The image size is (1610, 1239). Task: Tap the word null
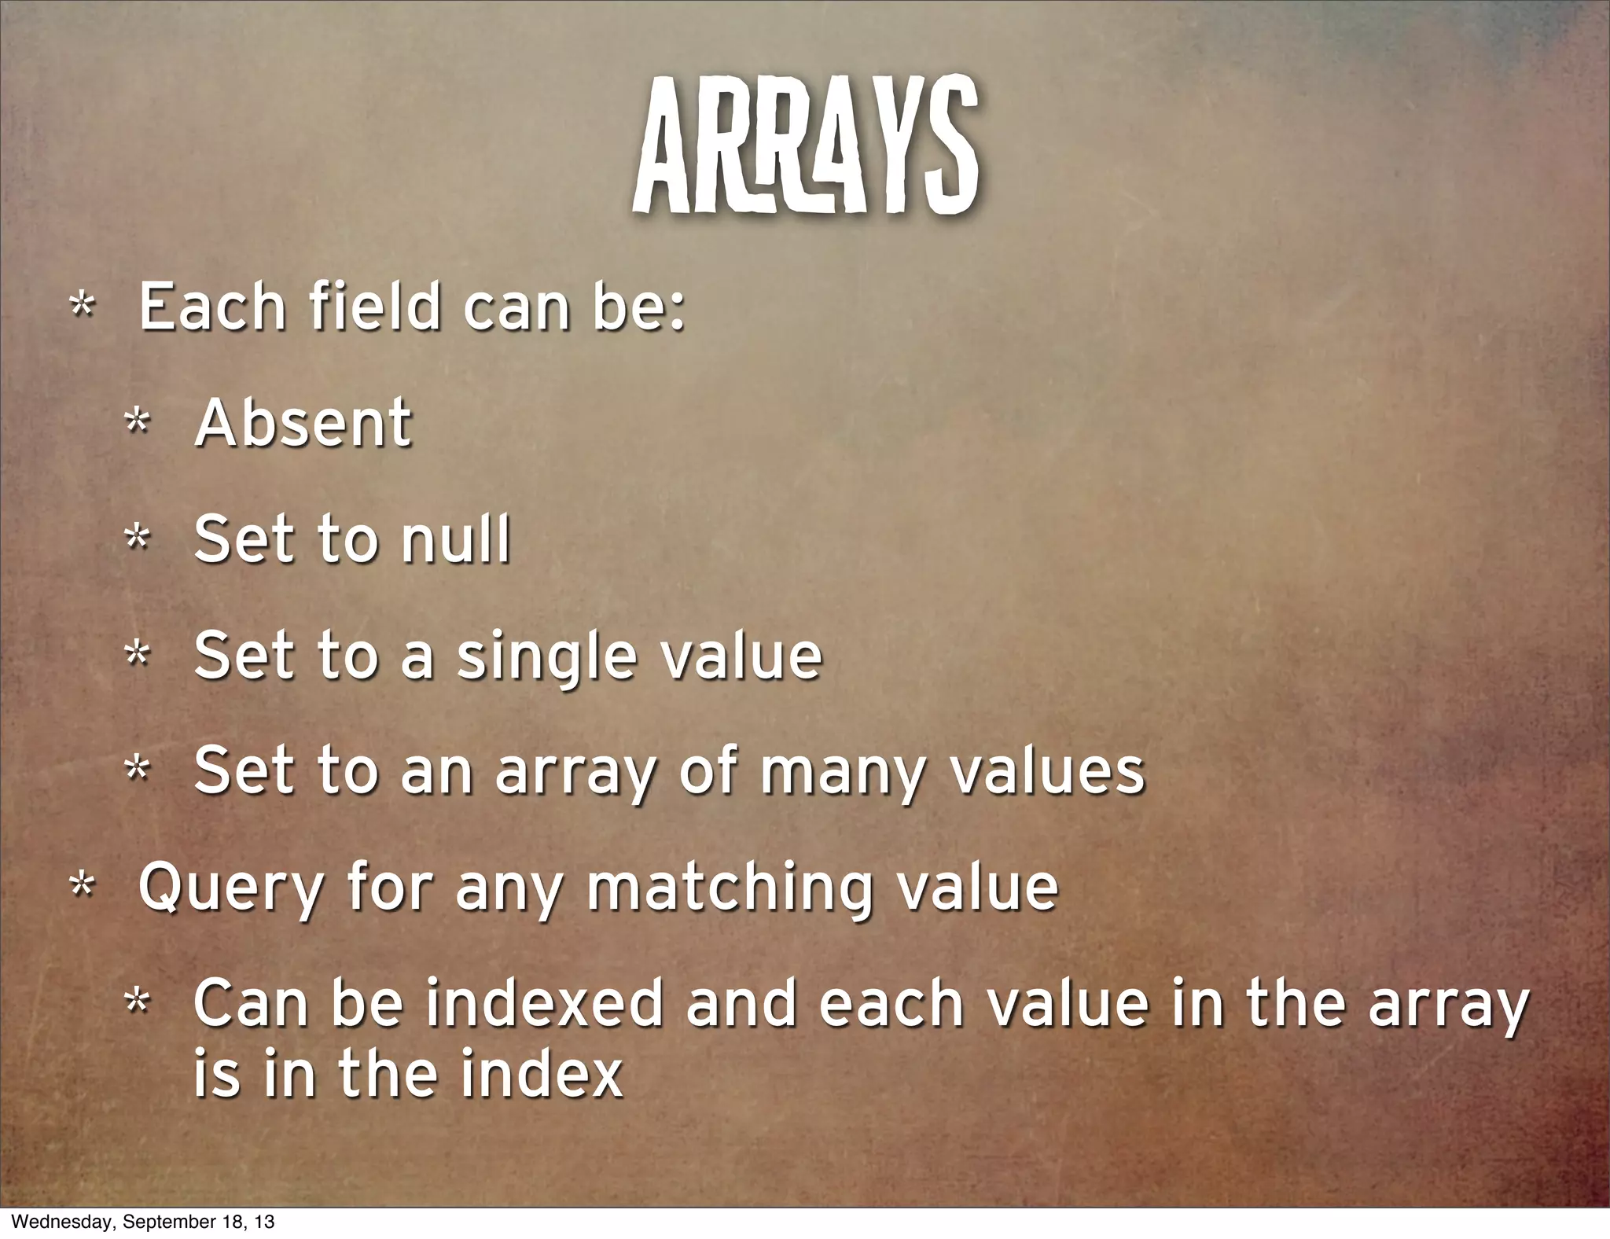coord(455,540)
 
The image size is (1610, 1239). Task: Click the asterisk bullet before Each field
coord(81,307)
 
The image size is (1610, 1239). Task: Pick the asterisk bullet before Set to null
coord(138,540)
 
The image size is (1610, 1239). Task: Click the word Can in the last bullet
coord(255,1004)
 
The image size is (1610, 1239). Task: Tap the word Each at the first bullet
coord(211,307)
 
